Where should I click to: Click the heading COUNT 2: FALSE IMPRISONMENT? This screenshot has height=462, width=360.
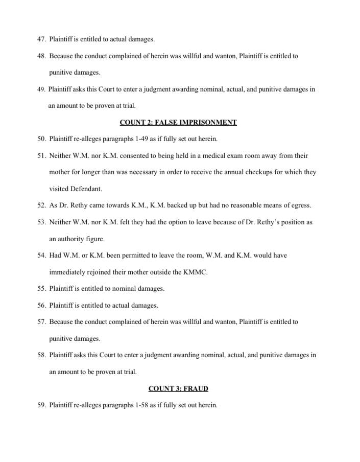(178, 122)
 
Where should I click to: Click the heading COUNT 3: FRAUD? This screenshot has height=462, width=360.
(178, 388)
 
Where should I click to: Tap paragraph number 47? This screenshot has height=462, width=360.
(41, 39)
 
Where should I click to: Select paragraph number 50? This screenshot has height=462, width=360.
(41, 139)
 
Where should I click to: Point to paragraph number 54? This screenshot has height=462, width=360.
(41, 255)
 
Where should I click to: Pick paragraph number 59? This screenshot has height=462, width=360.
(41, 405)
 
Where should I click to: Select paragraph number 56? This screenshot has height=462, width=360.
(41, 305)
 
